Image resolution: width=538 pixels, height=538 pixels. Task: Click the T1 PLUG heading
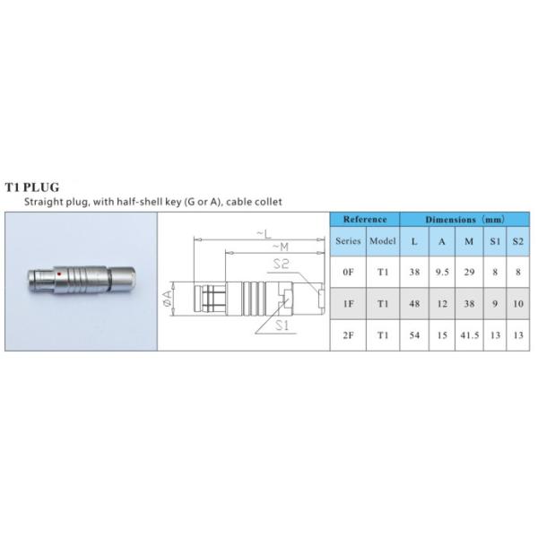pos(32,187)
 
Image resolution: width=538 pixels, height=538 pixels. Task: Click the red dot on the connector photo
pos(59,273)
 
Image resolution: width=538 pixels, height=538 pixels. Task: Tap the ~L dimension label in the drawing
pos(264,234)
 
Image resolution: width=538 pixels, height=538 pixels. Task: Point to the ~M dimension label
pos(281,247)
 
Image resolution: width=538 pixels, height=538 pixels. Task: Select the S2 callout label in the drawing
pos(282,264)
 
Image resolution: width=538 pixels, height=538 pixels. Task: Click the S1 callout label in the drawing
pos(282,325)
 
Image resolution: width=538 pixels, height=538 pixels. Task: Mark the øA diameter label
pos(167,299)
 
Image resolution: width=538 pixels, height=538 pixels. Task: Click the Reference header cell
pos(365,220)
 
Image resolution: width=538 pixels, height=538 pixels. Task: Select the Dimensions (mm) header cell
pos(464,220)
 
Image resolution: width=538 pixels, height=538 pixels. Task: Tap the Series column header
pos(348,241)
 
